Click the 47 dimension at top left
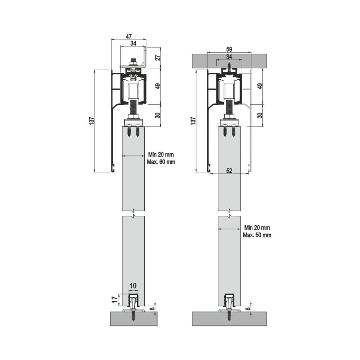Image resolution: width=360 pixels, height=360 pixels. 129,36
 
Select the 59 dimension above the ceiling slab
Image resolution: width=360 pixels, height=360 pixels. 229,49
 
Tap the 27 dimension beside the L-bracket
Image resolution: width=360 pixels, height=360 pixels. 158,57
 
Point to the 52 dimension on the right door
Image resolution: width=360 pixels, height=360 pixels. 229,171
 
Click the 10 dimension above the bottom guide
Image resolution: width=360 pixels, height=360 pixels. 133,286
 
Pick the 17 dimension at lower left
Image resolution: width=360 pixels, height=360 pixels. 114,300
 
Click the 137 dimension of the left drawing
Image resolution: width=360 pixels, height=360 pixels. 91,121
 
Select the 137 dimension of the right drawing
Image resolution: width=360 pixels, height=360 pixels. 193,121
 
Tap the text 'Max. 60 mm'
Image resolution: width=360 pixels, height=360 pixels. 161,162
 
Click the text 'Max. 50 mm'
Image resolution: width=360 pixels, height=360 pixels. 257,235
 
